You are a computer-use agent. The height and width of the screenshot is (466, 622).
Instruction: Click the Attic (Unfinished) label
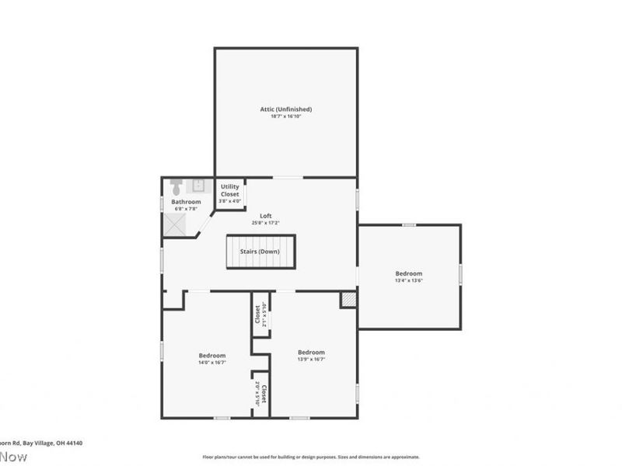point(285,110)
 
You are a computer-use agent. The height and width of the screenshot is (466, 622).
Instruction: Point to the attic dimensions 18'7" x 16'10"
point(285,116)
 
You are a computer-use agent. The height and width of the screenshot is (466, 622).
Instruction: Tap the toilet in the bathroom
point(176,187)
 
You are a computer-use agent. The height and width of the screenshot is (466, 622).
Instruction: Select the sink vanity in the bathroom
point(198,186)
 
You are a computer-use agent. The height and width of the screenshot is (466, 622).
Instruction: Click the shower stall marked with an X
point(176,224)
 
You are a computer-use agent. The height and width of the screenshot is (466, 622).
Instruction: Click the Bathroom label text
point(186,202)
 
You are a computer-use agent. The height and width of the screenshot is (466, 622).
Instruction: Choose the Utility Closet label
point(229,190)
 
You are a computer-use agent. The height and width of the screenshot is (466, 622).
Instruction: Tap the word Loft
point(265,216)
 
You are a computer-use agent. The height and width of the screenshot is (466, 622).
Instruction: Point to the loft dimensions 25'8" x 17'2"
point(265,223)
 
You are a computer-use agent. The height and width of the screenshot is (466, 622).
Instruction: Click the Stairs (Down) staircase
point(261,252)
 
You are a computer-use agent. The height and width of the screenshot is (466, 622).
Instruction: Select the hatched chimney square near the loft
point(348,300)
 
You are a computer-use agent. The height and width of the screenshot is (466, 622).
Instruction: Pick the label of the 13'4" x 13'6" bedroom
point(408,273)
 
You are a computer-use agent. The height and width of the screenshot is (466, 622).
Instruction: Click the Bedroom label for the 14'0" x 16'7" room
point(212,356)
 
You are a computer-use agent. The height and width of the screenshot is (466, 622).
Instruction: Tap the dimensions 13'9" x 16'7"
point(311,360)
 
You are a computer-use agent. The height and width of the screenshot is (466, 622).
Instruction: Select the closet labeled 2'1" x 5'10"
point(260,314)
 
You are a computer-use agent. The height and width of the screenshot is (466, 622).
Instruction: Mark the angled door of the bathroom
point(204,224)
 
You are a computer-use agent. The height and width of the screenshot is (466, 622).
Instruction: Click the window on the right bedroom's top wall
point(408,225)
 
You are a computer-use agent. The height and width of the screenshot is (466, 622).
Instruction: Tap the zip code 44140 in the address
point(73,443)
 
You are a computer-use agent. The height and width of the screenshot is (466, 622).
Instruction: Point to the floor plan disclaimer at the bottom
point(311,457)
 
